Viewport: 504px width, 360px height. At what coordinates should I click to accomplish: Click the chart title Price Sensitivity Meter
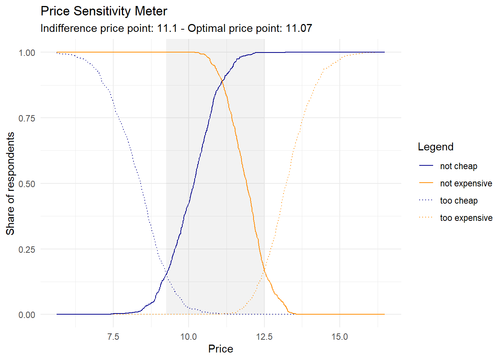104,11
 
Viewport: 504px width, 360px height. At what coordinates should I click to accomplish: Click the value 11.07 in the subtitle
299,28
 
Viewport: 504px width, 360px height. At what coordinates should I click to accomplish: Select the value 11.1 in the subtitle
167,28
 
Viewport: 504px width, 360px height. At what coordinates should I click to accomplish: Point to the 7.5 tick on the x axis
113,337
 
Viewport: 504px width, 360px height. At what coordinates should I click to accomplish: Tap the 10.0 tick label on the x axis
189,337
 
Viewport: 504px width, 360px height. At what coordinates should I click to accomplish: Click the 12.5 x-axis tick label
264,337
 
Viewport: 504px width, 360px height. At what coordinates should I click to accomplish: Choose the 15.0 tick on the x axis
340,337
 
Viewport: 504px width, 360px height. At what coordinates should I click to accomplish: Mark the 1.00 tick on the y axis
27,53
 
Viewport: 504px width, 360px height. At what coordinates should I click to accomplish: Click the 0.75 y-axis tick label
27,118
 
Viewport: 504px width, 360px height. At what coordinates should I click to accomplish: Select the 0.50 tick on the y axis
27,184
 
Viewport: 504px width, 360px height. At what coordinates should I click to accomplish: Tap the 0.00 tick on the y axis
27,315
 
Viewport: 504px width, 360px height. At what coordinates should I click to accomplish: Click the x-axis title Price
220,349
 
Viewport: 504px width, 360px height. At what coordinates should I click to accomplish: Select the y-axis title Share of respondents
10,183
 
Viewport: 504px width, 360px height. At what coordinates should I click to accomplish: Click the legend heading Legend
435,147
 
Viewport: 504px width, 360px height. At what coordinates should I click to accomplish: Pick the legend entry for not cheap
458,166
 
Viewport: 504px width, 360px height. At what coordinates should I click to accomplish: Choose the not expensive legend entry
466,183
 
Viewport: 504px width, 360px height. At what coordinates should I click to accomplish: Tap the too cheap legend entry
459,201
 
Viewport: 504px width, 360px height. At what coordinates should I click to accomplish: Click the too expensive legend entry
466,218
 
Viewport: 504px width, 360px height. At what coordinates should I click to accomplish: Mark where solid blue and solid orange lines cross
222,80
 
